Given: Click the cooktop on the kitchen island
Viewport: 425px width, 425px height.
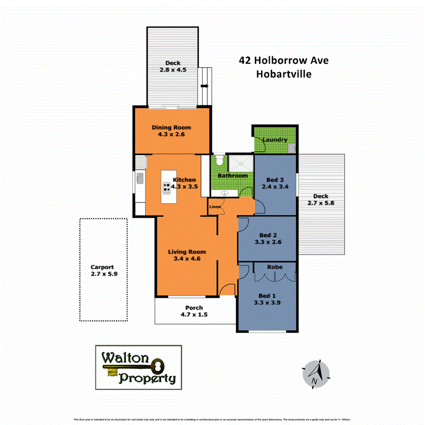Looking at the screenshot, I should coord(167,188).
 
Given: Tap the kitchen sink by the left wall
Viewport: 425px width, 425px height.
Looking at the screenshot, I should coord(140,178).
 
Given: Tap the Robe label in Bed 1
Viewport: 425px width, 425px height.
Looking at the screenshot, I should coord(275,267).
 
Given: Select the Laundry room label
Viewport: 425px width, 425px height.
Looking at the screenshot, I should coord(274,140).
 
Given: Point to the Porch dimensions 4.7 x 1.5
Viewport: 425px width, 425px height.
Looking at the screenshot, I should coord(194,314).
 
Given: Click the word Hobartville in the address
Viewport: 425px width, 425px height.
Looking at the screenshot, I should coord(284,74).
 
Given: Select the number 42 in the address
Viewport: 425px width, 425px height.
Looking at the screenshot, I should coord(245,60).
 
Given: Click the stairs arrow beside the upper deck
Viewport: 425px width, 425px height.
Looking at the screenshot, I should coord(204,86).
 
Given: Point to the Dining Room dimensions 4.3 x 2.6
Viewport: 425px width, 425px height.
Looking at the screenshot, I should coord(171,135).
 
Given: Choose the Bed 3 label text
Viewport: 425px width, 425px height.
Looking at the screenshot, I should coord(275,179).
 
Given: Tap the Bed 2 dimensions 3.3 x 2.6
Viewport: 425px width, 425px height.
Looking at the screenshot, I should coord(267,242).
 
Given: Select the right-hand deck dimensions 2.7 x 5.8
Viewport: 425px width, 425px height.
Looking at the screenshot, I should coord(320,203).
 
